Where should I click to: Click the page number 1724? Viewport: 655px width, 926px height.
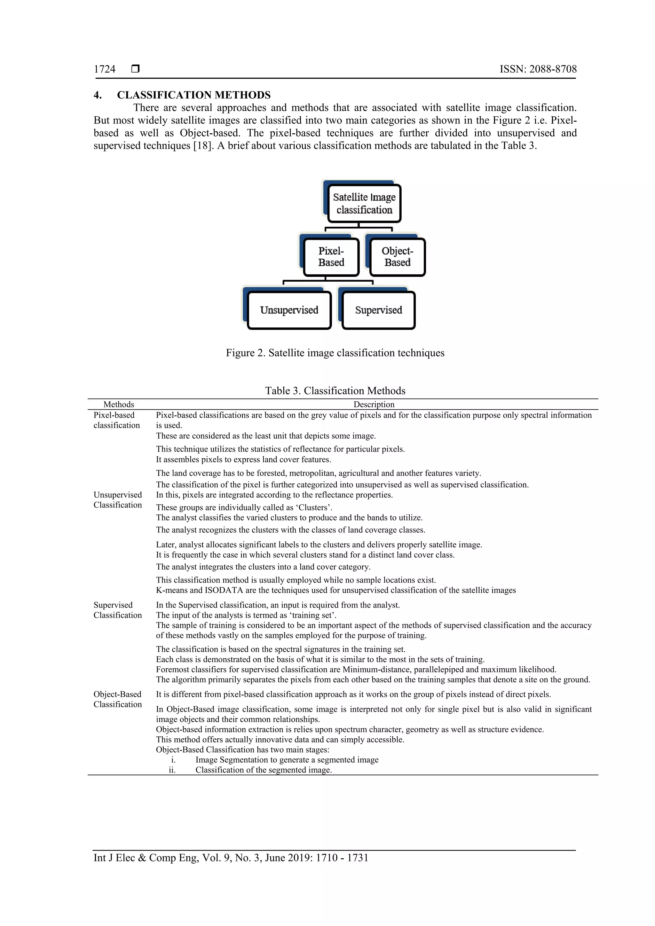105,69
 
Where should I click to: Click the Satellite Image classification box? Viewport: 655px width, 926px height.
364,203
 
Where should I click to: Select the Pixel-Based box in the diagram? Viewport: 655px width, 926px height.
331,257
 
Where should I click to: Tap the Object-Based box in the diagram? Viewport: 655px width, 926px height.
397,257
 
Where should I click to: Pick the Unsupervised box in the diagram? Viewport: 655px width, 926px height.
289,310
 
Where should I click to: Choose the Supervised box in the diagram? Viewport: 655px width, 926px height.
378,310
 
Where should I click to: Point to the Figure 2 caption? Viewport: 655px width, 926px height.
335,353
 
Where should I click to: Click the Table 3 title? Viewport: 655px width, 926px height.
335,391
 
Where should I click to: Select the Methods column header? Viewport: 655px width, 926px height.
119,404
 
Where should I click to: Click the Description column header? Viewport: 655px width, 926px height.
374,404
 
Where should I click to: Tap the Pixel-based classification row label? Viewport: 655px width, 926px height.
116,420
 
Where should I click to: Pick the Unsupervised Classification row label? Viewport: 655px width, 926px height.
117,500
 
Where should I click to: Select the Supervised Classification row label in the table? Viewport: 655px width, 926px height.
117,610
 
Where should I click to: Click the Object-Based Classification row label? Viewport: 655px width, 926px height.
117,699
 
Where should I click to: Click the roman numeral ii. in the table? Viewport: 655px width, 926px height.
172,770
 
